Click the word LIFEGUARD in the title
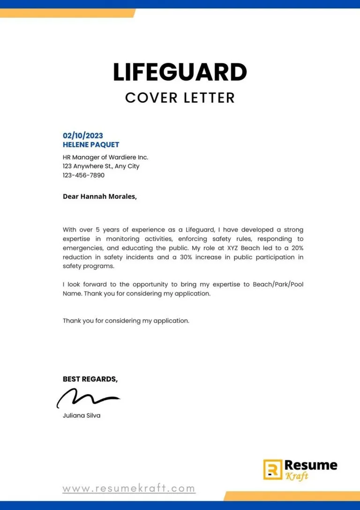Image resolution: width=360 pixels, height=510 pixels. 180,72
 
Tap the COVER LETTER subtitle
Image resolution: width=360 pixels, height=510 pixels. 180,98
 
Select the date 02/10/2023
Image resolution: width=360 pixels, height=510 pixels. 83,136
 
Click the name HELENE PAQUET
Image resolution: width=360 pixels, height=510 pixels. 91,145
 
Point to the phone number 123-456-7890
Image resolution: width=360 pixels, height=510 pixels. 83,175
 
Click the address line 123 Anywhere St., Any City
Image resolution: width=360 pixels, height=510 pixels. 101,166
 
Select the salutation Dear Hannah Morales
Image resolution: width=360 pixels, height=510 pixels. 100,197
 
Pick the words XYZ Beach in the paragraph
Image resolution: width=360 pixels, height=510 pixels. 244,248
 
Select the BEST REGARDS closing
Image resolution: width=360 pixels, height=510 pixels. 90,379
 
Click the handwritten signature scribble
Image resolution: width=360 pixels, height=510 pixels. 87,399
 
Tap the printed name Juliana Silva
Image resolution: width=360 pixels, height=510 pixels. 82,416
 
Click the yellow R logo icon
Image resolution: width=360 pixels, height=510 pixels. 272,469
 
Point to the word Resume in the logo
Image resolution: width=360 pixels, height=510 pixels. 311,465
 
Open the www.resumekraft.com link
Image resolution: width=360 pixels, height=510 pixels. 129,488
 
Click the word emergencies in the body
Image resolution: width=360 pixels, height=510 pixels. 83,248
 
